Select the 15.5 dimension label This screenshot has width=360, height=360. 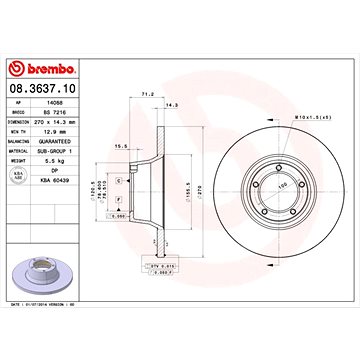tap(121, 147)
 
